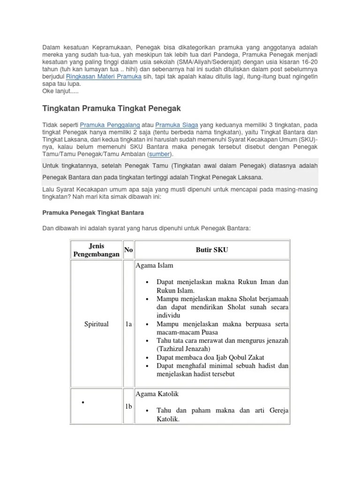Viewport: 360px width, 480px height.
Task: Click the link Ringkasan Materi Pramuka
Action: pyautogui.click(x=104, y=76)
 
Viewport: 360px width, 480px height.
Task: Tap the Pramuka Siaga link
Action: pyautogui.click(x=176, y=125)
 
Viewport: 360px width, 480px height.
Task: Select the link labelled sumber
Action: pyautogui.click(x=159, y=154)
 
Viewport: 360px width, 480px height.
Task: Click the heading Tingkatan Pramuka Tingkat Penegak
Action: pyautogui.click(x=112, y=108)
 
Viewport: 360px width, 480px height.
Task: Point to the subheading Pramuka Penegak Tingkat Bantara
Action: pyautogui.click(x=93, y=212)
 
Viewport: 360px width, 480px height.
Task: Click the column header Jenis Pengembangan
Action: pyautogui.click(x=96, y=250)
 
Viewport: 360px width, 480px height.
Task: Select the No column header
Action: pyautogui.click(x=128, y=250)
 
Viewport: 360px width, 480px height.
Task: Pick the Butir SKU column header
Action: pyautogui.click(x=212, y=250)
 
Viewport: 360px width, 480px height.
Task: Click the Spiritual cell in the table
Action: pyautogui.click(x=96, y=324)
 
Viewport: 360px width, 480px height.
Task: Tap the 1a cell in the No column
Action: pyautogui.click(x=128, y=324)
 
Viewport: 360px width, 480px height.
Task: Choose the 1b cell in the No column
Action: pyautogui.click(x=128, y=406)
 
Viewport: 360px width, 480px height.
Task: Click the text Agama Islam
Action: pyautogui.click(x=155, y=266)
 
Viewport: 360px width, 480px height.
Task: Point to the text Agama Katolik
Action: pyautogui.click(x=157, y=393)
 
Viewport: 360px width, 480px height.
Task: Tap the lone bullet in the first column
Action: pyautogui.click(x=83, y=402)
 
